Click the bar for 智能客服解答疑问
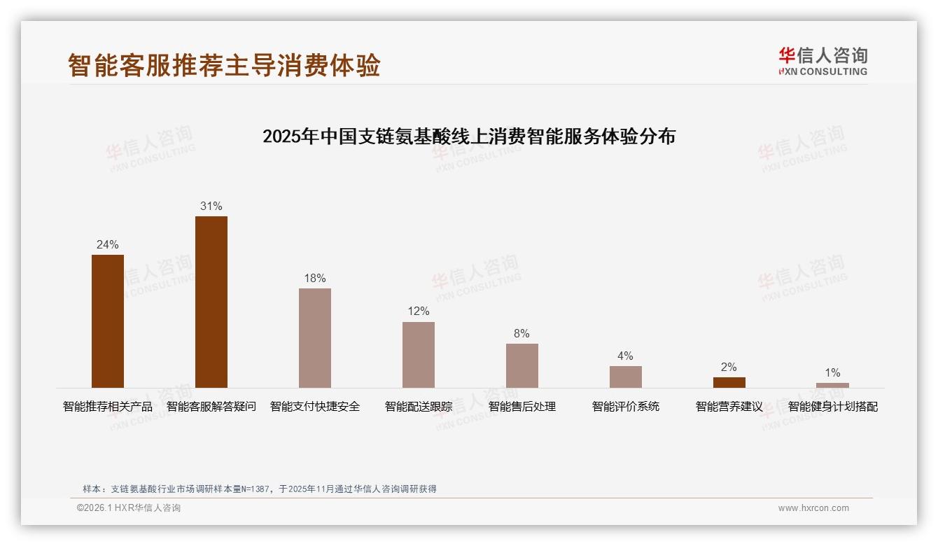(211, 302)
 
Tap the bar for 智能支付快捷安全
(315, 338)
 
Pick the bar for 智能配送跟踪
(419, 355)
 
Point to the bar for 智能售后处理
(522, 365)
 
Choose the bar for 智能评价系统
(625, 377)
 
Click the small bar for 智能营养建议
(729, 382)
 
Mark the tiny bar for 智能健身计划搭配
(832, 385)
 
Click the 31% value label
(211, 206)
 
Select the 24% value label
(108, 244)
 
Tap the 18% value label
(315, 278)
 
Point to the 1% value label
(832, 372)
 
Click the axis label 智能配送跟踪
(419, 406)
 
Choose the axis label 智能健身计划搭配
(832, 406)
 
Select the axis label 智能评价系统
(625, 406)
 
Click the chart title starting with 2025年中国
(469, 136)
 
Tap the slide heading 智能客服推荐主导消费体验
(224, 65)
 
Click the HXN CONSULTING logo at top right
(822, 62)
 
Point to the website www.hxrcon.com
(813, 508)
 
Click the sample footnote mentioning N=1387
(260, 489)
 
